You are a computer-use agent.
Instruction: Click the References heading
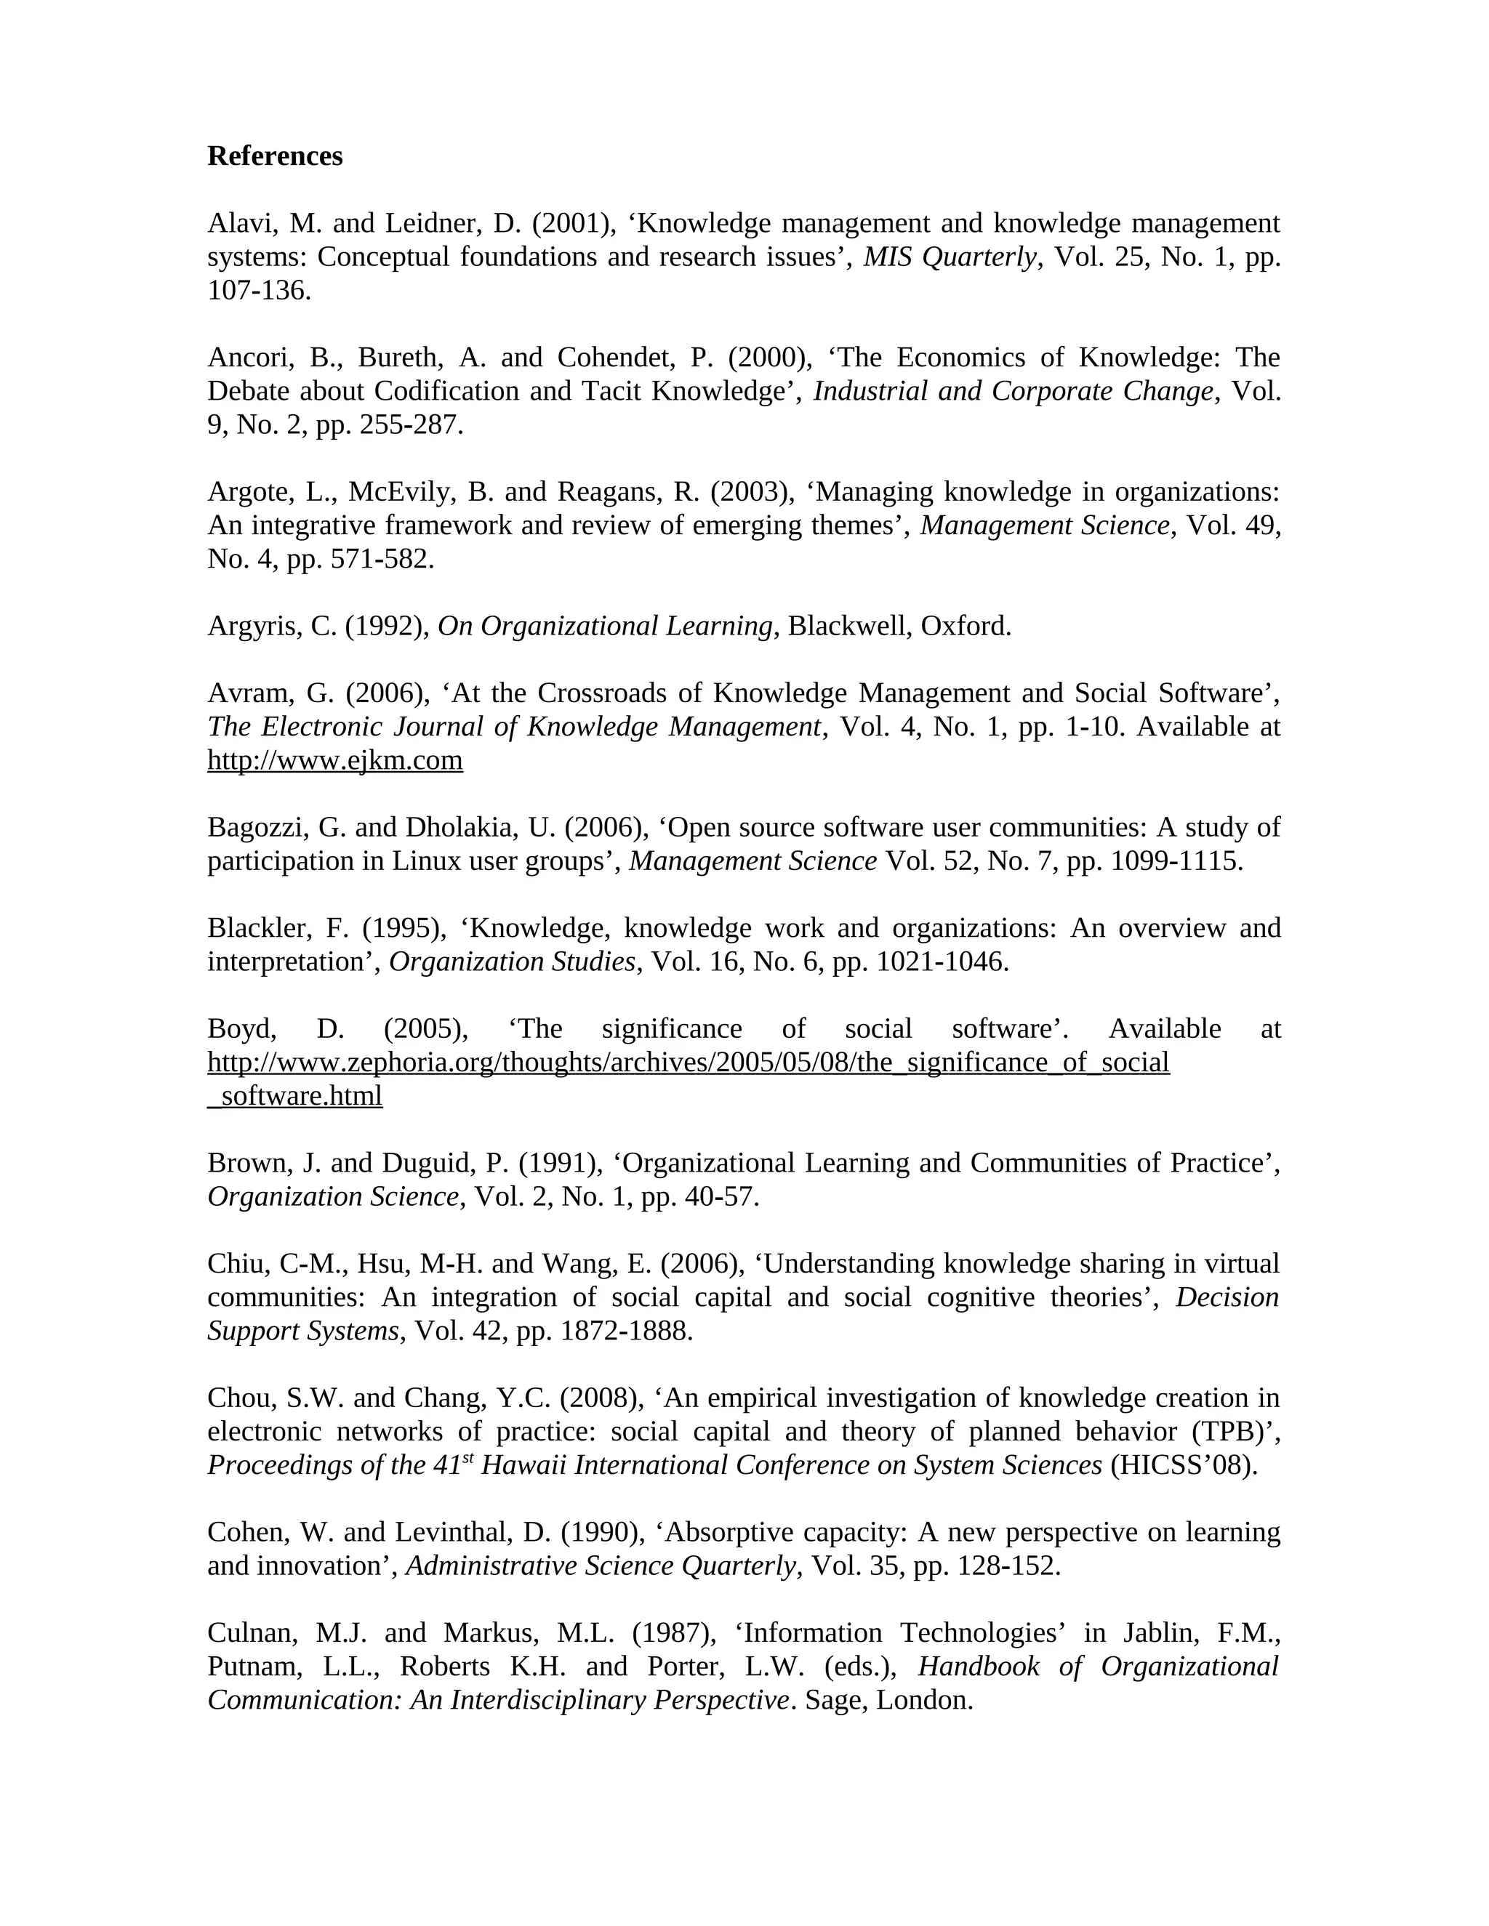click(274, 156)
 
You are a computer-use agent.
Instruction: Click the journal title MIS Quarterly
click(949, 257)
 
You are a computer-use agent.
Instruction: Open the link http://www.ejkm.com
click(334, 759)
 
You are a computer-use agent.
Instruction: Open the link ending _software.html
click(294, 1096)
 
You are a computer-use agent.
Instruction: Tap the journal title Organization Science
click(332, 1197)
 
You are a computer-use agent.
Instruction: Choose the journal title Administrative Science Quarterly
click(603, 1566)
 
